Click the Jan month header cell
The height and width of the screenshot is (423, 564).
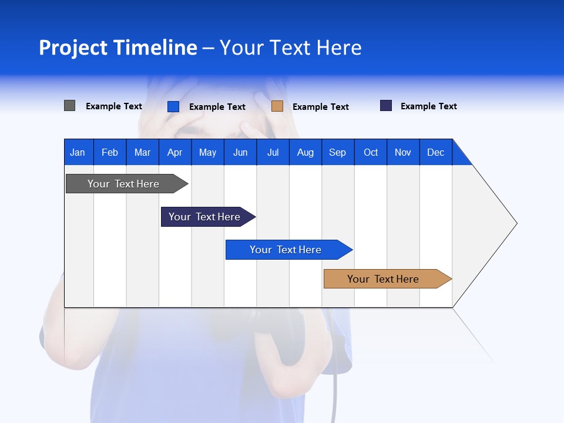[x=78, y=152]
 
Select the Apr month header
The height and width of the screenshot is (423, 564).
[x=174, y=152]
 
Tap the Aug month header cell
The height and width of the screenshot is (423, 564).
[x=305, y=152]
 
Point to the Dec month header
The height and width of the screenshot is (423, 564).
[x=435, y=152]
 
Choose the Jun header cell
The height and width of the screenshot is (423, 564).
[x=240, y=152]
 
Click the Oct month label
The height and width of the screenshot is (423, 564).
[x=371, y=152]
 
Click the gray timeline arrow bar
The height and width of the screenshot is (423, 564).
[x=123, y=184]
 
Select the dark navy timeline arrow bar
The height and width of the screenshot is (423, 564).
[x=204, y=217]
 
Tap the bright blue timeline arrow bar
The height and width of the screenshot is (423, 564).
[x=286, y=250]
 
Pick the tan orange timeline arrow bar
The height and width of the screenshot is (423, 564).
[x=383, y=279]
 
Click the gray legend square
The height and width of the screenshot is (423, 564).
[x=69, y=106]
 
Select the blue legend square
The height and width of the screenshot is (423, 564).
[x=173, y=106]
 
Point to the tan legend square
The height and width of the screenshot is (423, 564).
[x=277, y=106]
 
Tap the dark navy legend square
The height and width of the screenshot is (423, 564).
[x=386, y=106]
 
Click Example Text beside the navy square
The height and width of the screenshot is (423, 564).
[x=428, y=106]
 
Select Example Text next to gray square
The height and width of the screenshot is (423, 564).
[x=113, y=106]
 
